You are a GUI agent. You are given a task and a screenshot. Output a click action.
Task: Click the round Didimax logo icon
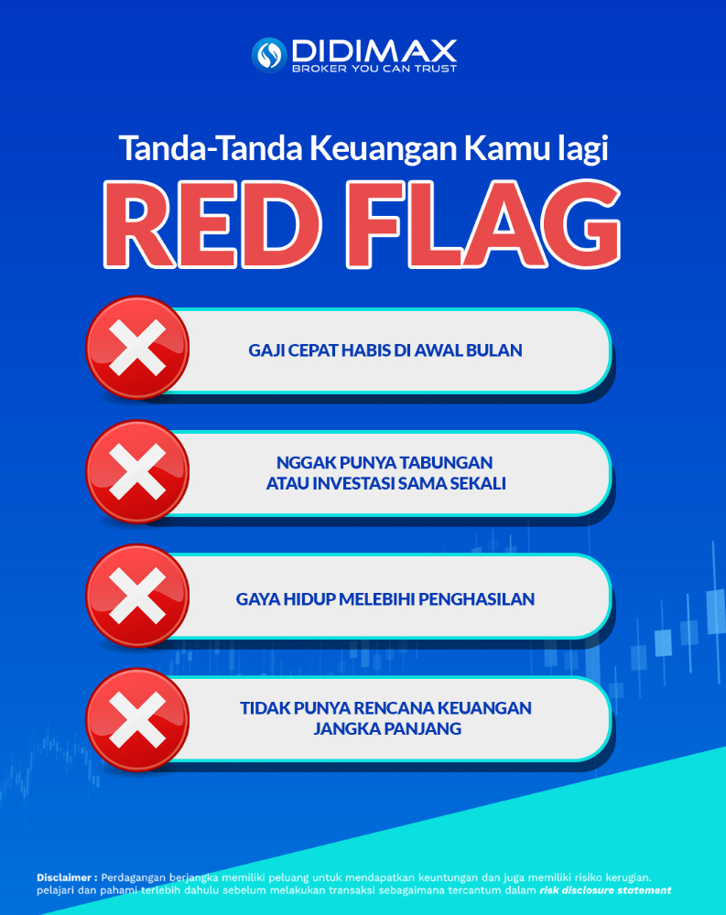click(x=269, y=55)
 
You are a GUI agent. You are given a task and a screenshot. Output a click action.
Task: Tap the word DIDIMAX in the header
click(x=374, y=50)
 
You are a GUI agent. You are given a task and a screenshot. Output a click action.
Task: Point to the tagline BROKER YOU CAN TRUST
click(x=374, y=69)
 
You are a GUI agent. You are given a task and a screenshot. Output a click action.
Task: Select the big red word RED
click(x=212, y=225)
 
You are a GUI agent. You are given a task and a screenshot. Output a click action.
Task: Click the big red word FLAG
click(x=483, y=225)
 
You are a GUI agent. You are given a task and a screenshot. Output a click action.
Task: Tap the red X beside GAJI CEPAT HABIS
click(x=138, y=348)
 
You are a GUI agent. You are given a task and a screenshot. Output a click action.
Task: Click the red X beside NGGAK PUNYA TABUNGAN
click(x=138, y=471)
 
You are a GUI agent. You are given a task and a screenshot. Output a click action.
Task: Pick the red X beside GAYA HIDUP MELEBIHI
click(x=138, y=596)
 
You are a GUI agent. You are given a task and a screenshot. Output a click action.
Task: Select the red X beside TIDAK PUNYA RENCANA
click(x=138, y=719)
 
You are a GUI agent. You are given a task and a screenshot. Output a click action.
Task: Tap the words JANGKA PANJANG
click(x=387, y=729)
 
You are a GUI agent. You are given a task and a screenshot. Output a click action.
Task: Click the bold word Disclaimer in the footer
click(x=64, y=877)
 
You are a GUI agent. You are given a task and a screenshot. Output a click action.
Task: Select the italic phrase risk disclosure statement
click(x=605, y=890)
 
